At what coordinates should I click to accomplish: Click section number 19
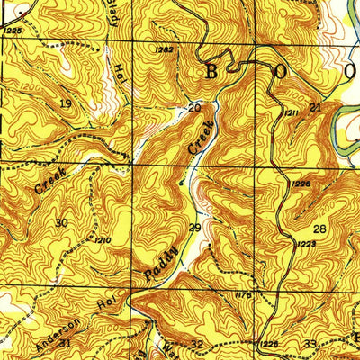(65, 104)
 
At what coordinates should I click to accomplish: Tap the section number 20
(193, 108)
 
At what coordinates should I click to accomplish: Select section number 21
(314, 108)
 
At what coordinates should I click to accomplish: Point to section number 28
(319, 229)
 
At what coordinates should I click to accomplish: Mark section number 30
(61, 223)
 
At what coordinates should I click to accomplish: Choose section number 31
(64, 343)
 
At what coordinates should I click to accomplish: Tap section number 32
(197, 345)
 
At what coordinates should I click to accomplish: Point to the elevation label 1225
(12, 31)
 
